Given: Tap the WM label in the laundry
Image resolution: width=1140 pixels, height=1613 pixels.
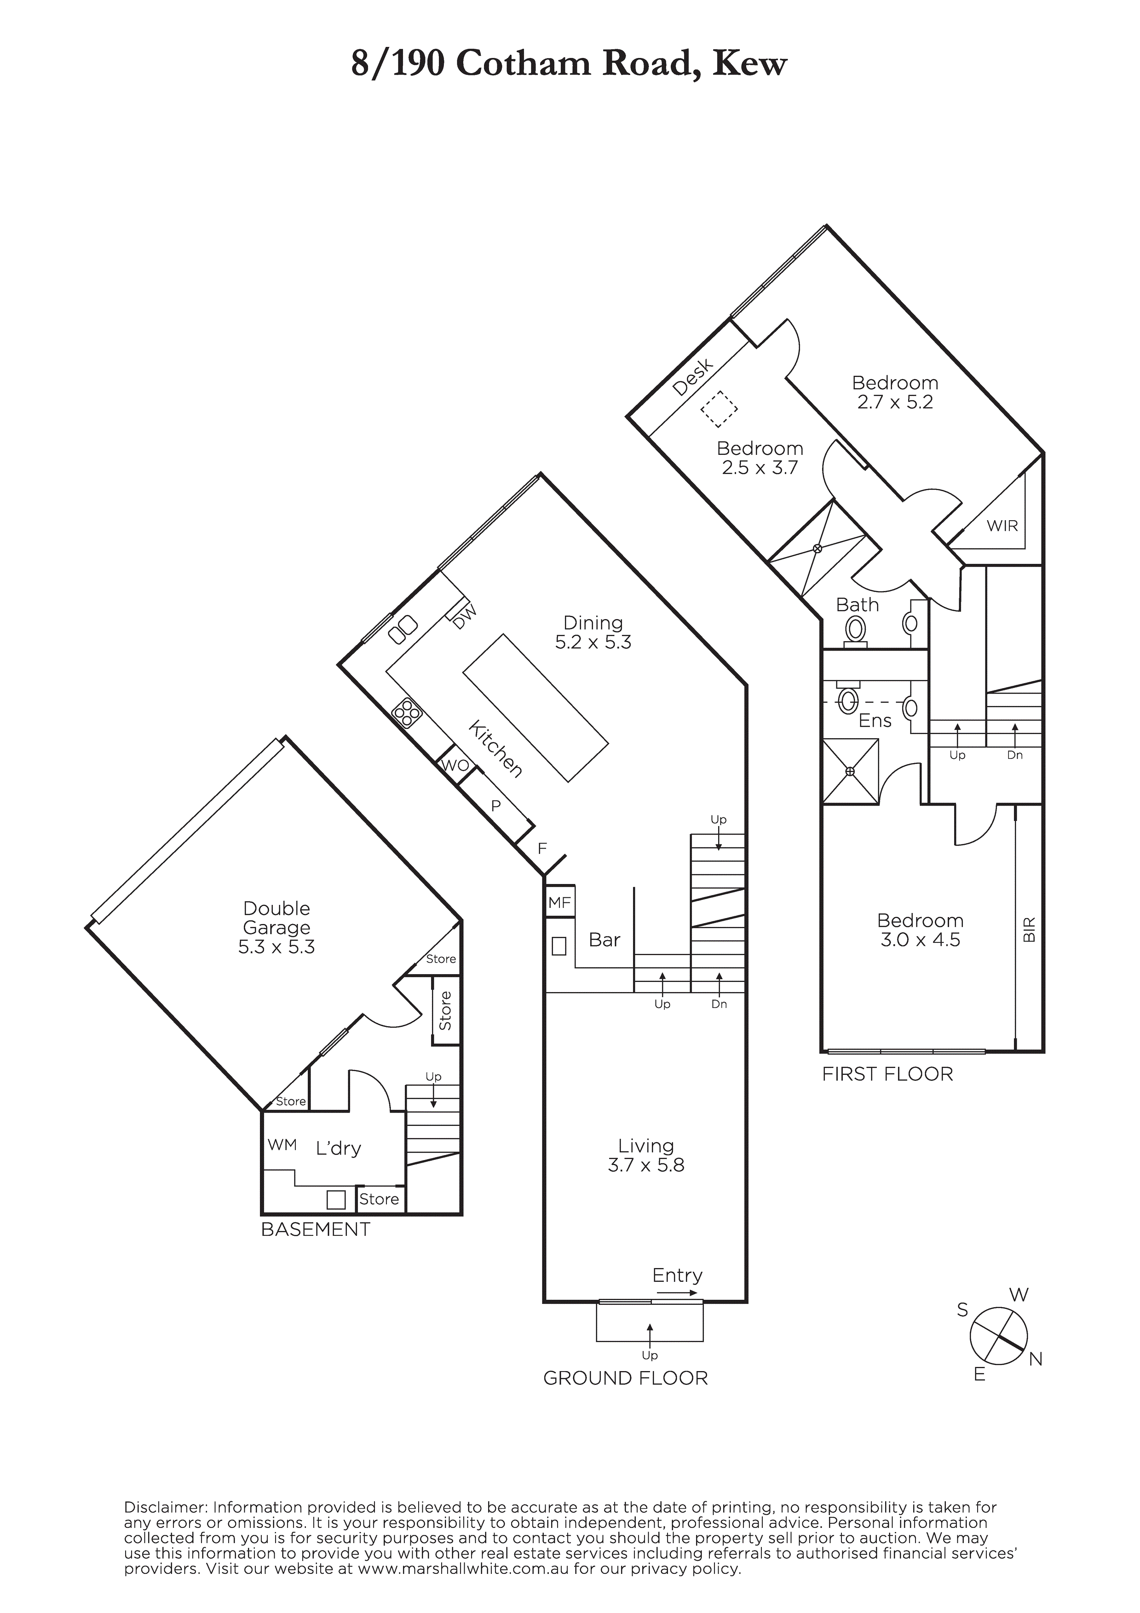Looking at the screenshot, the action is (x=282, y=1144).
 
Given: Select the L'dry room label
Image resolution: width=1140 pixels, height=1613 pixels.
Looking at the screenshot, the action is (x=338, y=1148).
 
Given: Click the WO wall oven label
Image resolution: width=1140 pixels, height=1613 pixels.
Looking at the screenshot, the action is (x=455, y=765).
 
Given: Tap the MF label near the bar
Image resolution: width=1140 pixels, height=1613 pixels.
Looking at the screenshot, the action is (x=559, y=902).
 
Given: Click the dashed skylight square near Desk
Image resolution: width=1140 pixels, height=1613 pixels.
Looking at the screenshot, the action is (x=718, y=408).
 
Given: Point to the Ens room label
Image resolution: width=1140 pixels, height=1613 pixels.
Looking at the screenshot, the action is (x=875, y=720).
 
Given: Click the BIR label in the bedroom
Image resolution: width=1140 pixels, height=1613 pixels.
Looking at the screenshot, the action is (x=1030, y=930).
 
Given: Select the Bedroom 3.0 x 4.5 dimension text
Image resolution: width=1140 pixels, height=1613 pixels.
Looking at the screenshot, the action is (x=920, y=941).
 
